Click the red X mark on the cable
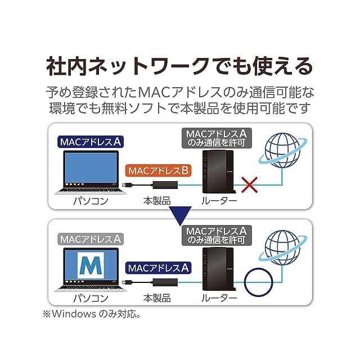[250, 183]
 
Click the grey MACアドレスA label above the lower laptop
[91, 238]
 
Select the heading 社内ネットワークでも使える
[179, 65]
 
